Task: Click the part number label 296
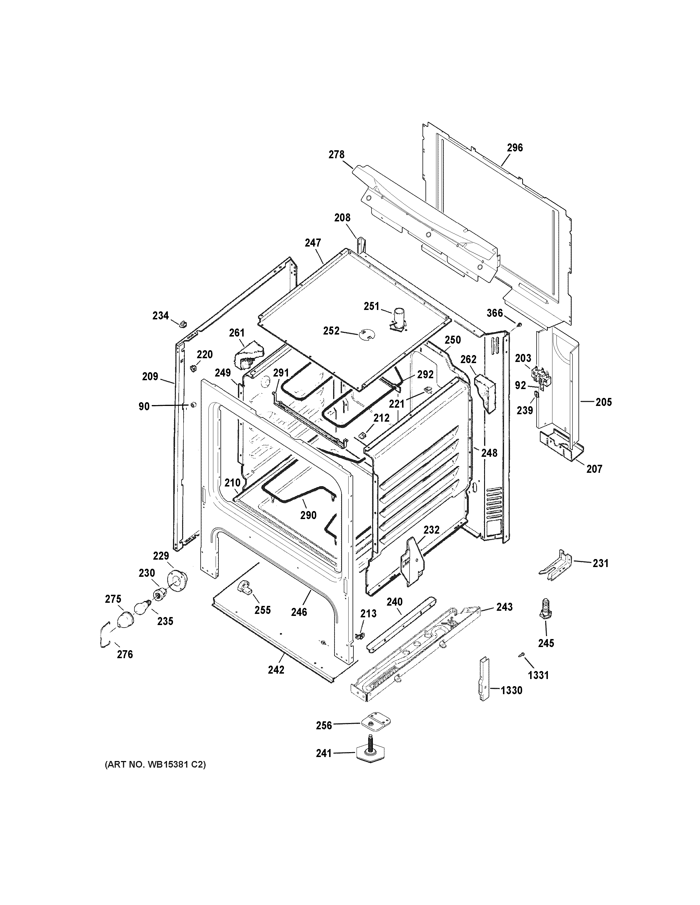click(515, 147)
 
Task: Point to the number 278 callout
click(336, 155)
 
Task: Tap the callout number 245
click(546, 643)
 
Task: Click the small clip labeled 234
click(182, 323)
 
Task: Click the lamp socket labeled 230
click(158, 595)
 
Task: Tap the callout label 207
click(594, 469)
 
